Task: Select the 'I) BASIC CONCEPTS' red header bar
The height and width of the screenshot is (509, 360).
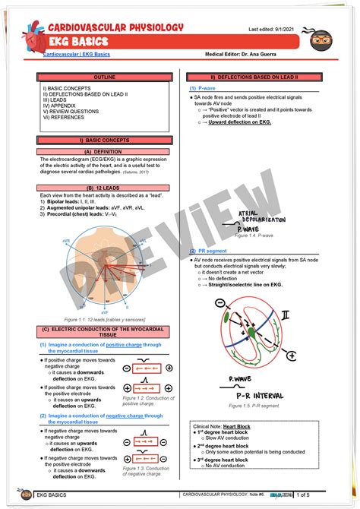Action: pos(106,140)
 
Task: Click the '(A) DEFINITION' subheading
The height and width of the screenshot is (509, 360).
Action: pos(106,151)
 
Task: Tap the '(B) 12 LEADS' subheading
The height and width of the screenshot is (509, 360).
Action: pos(106,188)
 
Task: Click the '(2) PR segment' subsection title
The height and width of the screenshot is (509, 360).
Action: pos(209,250)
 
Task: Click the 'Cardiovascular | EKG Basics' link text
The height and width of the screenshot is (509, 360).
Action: pos(77,55)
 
